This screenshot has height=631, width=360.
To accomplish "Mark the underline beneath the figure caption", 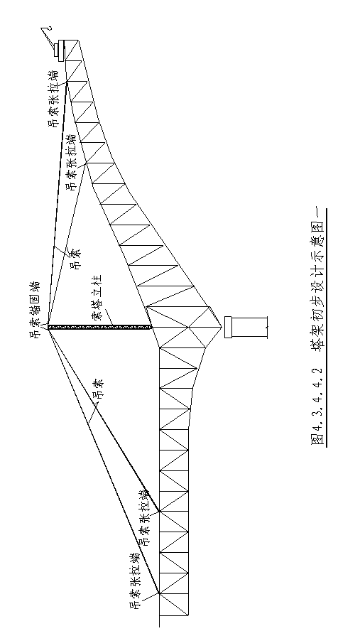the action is coord(327,327).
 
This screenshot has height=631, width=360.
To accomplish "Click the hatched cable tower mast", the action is coord(99,327).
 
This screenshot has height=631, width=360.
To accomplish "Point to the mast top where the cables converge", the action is coord(48,327).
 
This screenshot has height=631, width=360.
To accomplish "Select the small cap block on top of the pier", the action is coord(228,327).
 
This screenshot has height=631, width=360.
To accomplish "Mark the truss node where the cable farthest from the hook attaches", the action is coord(160,593).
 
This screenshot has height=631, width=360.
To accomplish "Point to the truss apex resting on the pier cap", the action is coord(222,327).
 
